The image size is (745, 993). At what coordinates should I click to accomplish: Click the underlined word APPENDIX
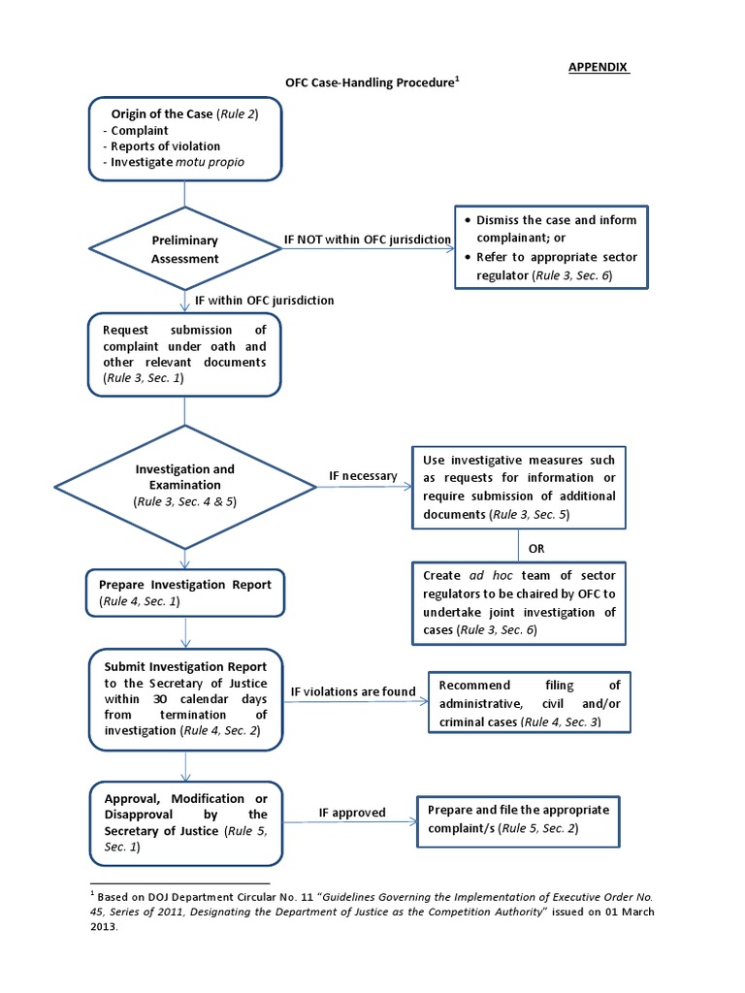pyautogui.click(x=599, y=67)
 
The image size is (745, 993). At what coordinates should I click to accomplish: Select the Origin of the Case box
pyautogui.click(x=184, y=139)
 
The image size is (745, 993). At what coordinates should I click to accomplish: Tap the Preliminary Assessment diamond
pyautogui.click(x=184, y=249)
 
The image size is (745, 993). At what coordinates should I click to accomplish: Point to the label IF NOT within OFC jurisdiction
pyautogui.click(x=367, y=239)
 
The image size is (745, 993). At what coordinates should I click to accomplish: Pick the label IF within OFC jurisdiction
pyautogui.click(x=264, y=301)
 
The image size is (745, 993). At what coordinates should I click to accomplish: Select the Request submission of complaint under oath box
pyautogui.click(x=184, y=355)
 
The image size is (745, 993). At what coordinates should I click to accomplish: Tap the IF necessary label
pyautogui.click(x=363, y=476)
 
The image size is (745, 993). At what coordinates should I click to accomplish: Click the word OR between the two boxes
pyautogui.click(x=536, y=548)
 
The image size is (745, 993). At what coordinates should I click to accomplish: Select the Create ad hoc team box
pyautogui.click(x=519, y=602)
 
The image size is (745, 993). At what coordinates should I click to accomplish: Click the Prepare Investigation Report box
pyautogui.click(x=184, y=593)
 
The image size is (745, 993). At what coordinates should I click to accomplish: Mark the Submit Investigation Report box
pyautogui.click(x=184, y=699)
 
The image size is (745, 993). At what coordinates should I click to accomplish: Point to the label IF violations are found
pyautogui.click(x=353, y=691)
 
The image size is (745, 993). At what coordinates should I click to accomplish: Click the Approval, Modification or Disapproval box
pyautogui.click(x=184, y=822)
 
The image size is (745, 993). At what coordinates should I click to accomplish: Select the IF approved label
pyautogui.click(x=352, y=813)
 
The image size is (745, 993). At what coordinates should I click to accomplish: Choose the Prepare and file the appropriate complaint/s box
pyautogui.click(x=519, y=820)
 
